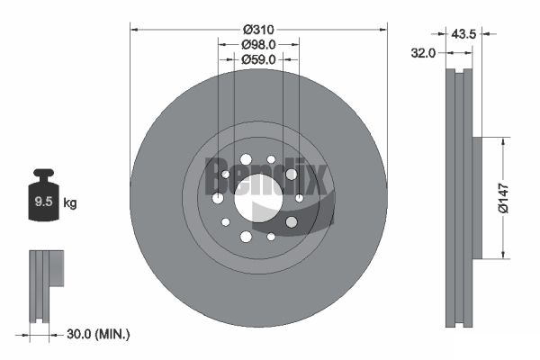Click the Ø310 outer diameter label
click(x=258, y=30)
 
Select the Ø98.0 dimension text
click(x=258, y=44)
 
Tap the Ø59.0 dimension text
click(x=258, y=59)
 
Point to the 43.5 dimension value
click(x=463, y=34)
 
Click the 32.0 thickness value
click(x=423, y=53)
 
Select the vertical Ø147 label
click(x=503, y=198)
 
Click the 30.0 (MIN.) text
click(x=98, y=334)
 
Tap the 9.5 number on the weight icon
click(x=43, y=202)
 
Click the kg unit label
click(x=70, y=203)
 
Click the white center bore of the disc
click(x=258, y=198)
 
